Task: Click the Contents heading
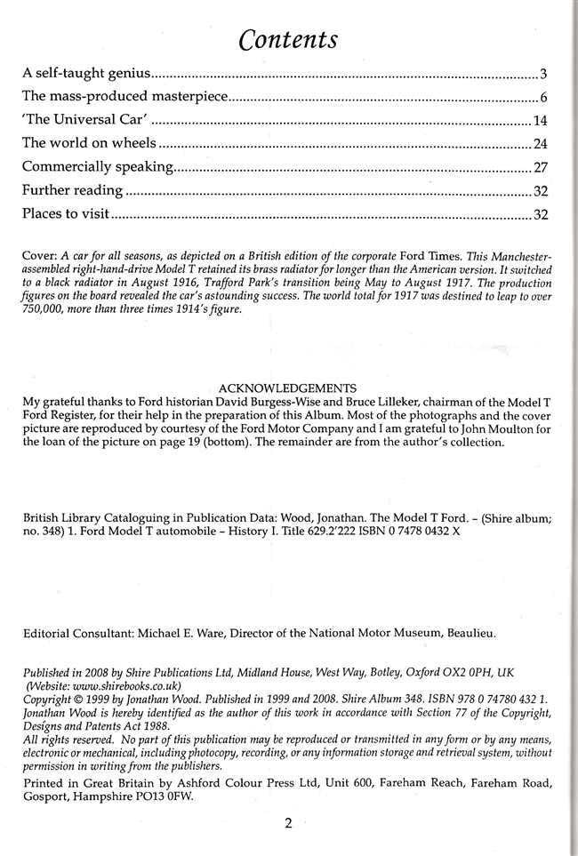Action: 289,39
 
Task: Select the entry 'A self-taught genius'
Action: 85,72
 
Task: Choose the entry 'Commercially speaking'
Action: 97,167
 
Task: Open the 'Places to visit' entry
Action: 65,215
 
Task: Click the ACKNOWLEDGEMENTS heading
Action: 287,388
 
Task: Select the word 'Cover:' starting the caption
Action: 38,254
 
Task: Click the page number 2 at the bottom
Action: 288,823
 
